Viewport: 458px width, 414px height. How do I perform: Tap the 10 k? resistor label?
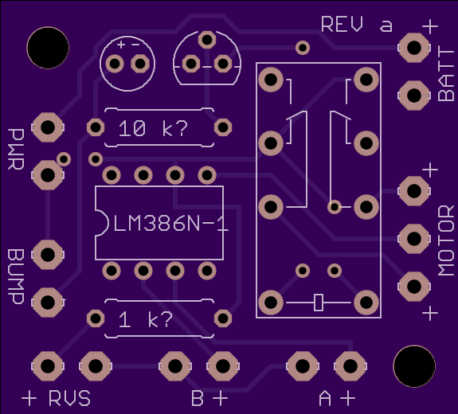[x=153, y=128]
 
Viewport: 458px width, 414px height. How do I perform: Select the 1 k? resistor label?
[x=146, y=319]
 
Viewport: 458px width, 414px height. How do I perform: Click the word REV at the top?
[x=342, y=24]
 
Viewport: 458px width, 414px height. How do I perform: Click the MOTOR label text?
[x=446, y=240]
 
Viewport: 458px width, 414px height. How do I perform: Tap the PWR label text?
[x=16, y=149]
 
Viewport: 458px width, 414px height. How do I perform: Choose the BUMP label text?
[x=16, y=277]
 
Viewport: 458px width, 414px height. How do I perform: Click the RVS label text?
[x=69, y=398]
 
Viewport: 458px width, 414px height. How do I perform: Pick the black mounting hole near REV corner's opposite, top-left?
[x=48, y=48]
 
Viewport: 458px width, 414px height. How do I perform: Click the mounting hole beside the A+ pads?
[x=414, y=366]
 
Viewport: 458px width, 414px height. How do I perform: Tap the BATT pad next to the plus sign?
[x=414, y=48]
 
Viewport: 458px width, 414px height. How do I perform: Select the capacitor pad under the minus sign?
[x=140, y=64]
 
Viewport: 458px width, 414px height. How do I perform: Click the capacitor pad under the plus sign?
[x=115, y=64]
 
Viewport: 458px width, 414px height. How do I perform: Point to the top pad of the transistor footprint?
[x=207, y=40]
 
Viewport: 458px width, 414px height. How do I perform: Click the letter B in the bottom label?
[x=198, y=398]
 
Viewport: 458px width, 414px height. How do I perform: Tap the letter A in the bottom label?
[x=325, y=398]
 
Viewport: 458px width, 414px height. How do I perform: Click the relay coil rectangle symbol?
[x=319, y=303]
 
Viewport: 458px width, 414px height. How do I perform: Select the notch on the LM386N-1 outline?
[x=102, y=223]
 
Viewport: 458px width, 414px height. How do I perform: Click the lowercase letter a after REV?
[x=386, y=26]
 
